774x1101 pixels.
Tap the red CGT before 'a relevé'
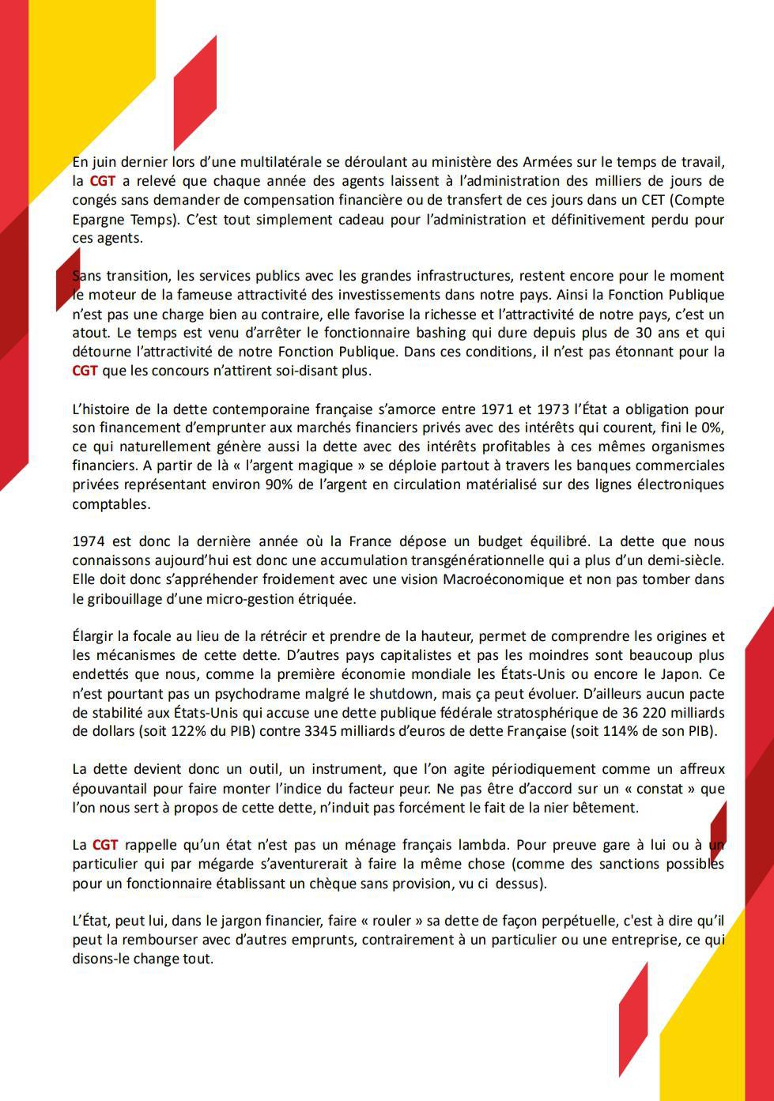(103, 181)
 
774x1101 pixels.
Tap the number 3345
(322, 731)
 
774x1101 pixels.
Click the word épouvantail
(108, 788)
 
